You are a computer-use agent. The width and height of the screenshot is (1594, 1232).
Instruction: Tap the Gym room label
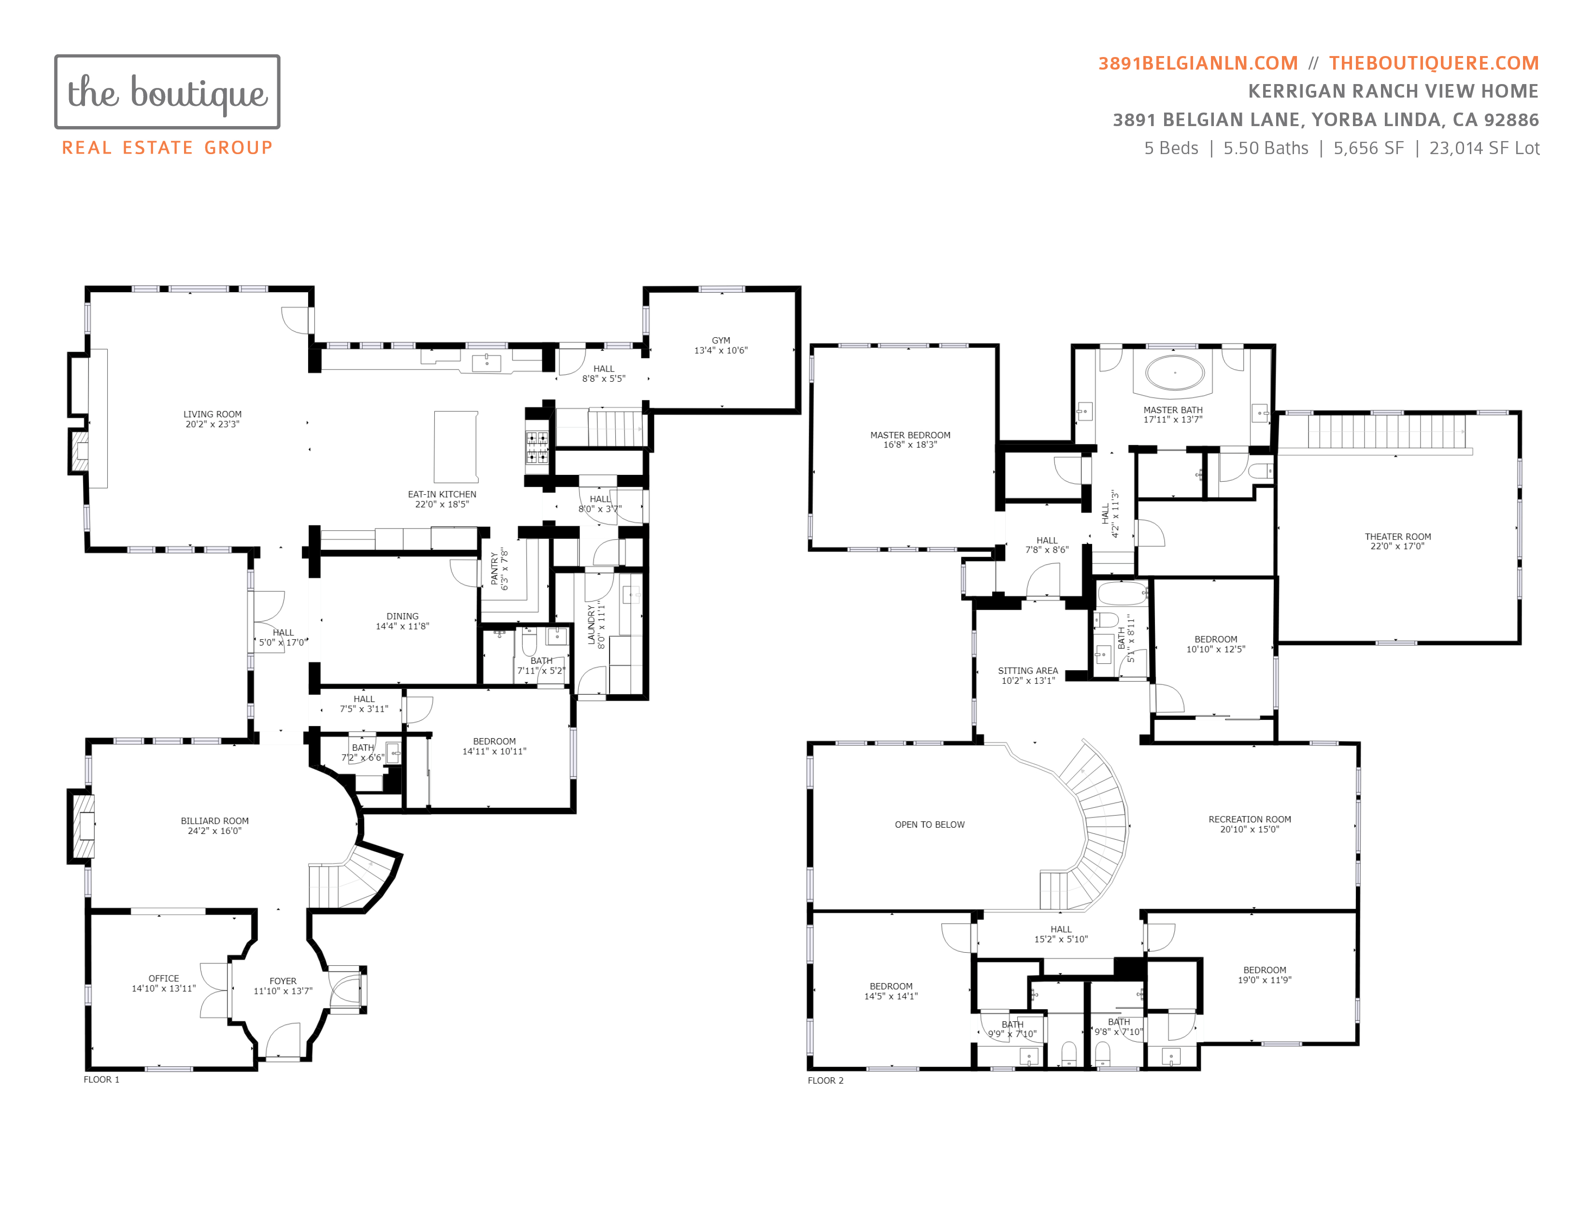720,340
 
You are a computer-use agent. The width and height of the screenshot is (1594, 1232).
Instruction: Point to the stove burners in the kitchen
537,447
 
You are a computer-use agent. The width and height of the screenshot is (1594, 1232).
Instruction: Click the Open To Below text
929,825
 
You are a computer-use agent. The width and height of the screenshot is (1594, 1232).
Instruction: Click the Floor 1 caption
101,1079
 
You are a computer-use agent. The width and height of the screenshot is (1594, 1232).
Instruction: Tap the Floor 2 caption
825,1080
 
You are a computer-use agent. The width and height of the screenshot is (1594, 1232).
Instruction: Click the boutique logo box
167,92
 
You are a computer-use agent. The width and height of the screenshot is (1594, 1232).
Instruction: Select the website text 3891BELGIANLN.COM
1198,63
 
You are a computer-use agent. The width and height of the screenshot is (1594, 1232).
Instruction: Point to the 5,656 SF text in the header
1368,148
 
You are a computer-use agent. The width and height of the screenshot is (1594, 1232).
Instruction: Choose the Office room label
163,978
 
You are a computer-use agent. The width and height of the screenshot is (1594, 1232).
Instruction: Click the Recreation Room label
1250,819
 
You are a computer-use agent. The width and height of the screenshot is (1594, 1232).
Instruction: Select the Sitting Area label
1027,670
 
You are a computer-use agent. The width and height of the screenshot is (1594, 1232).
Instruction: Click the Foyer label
283,981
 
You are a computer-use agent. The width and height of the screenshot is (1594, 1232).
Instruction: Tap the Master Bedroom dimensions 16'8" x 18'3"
910,444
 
